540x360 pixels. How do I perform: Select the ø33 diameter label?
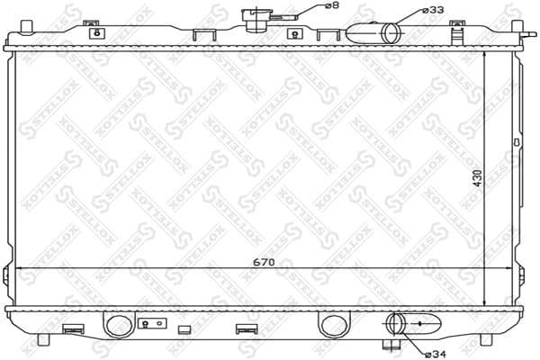[433, 10]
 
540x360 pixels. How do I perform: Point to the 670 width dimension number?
[263, 263]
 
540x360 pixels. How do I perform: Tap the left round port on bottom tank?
[117, 324]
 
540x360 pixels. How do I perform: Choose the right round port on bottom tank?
[331, 324]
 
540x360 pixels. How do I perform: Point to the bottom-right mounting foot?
[485, 339]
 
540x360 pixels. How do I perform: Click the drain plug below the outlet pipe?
[391, 343]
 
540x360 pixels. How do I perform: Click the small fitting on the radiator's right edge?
[517, 142]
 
